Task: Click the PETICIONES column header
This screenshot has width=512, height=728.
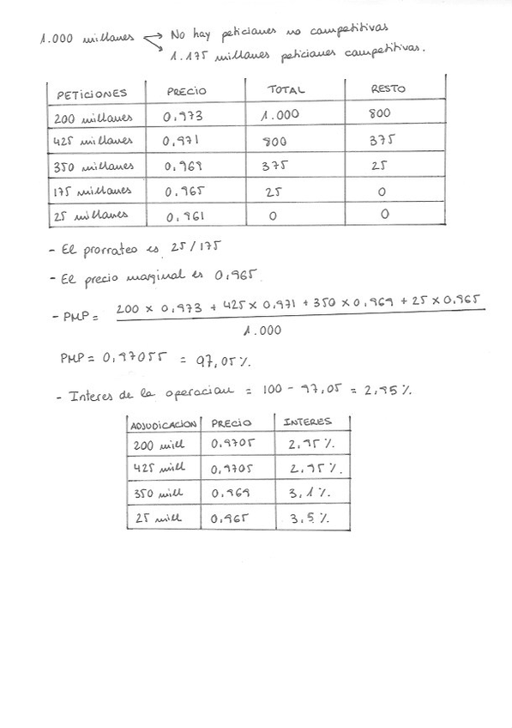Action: [91, 93]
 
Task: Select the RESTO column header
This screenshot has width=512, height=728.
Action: [388, 89]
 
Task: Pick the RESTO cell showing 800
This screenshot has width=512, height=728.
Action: [379, 113]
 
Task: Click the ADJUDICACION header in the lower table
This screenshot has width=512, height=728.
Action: [162, 423]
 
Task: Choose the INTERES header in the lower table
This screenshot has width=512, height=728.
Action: [306, 422]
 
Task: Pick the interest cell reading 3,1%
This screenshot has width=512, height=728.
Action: [310, 495]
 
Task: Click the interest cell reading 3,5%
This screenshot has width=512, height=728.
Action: [310, 519]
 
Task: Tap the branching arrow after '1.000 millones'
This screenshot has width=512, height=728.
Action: [153, 39]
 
